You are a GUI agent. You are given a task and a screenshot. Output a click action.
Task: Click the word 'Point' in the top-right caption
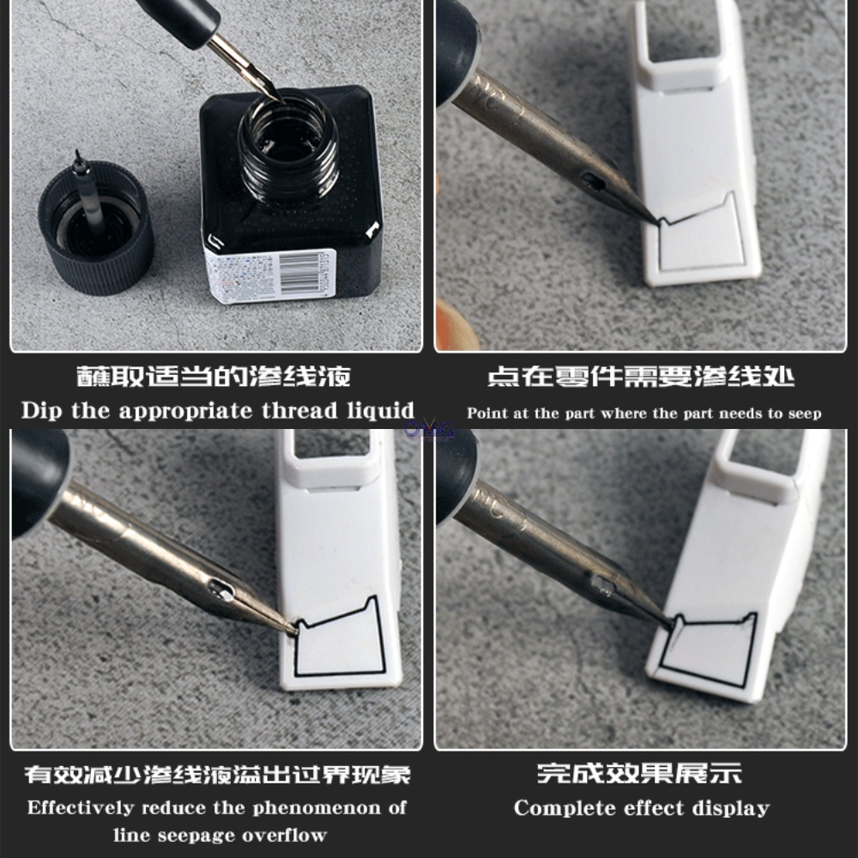click(486, 414)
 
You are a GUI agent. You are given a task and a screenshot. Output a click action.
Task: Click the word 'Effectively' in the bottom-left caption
click(80, 807)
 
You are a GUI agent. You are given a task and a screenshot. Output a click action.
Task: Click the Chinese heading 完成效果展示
click(639, 774)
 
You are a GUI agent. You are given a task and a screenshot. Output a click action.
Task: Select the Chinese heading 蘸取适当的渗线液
click(214, 377)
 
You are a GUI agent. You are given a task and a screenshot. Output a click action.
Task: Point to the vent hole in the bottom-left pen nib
click(220, 589)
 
